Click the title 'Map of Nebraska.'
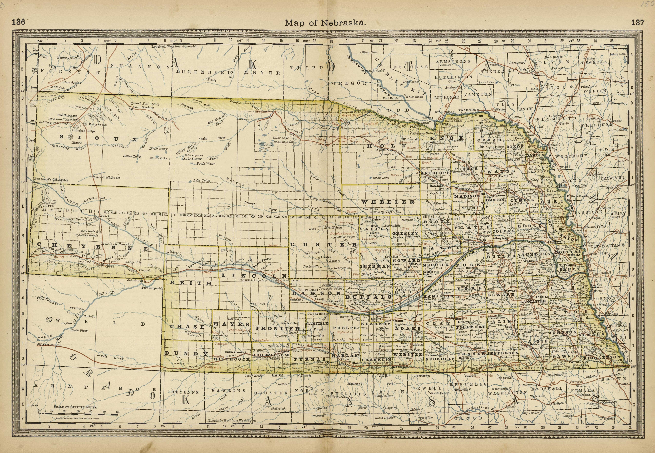pos(325,23)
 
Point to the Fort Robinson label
pos(67,116)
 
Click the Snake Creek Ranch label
pos(107,178)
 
